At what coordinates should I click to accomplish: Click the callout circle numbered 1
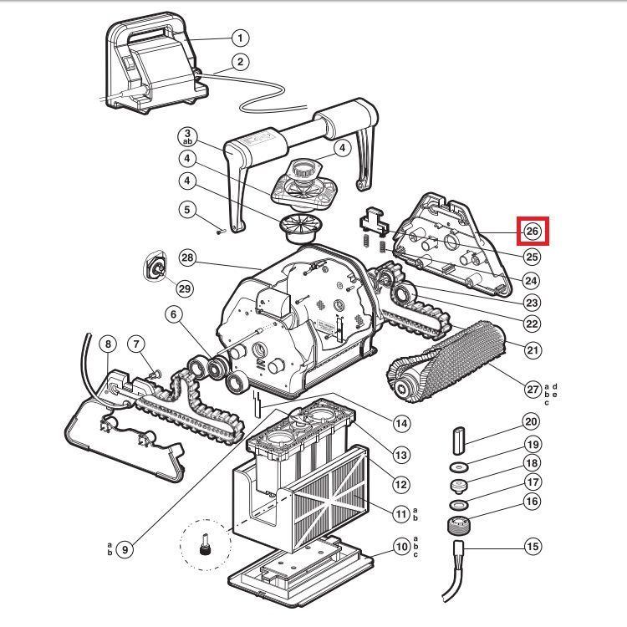tap(240, 38)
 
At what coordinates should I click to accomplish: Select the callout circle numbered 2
tap(240, 61)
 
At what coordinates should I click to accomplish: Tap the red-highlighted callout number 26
tap(532, 232)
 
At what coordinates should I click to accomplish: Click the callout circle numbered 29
tap(184, 288)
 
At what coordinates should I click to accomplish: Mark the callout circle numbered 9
tap(125, 549)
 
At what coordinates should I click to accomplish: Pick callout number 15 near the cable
tap(532, 547)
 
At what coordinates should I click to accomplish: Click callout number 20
tap(532, 422)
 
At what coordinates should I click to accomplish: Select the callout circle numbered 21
tap(532, 347)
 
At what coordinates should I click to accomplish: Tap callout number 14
tap(402, 424)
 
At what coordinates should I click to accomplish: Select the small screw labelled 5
tap(219, 232)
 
